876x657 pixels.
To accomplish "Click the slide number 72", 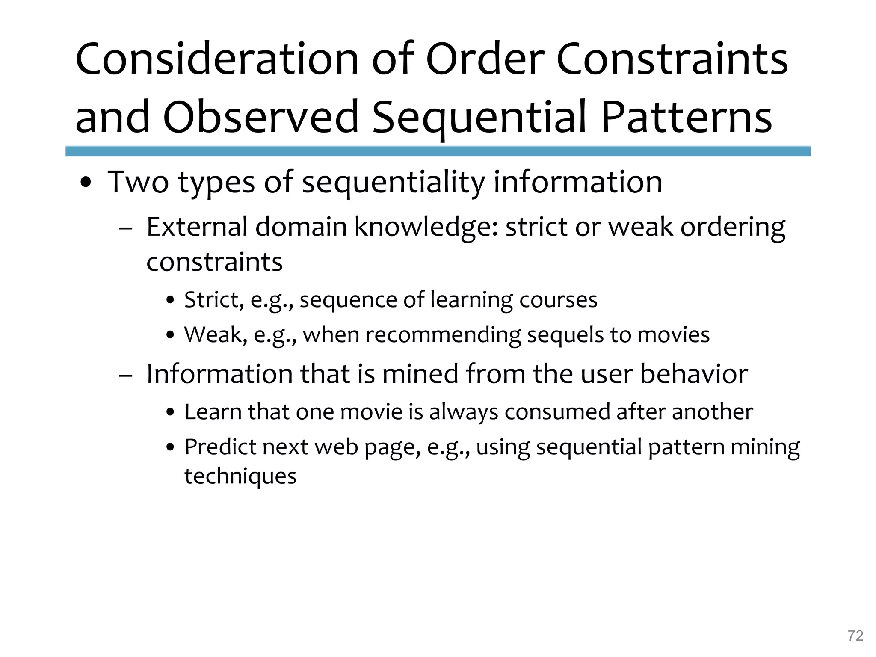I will point(855,636).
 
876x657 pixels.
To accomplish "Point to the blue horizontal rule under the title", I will point(438,151).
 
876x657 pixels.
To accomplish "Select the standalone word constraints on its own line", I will point(214,262).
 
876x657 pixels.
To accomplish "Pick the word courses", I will point(558,300).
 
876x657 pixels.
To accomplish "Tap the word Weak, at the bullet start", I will point(216,335).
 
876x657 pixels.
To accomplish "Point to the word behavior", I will point(694,374).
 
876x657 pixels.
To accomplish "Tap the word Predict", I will point(220,447).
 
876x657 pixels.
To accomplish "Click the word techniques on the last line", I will point(240,476).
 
